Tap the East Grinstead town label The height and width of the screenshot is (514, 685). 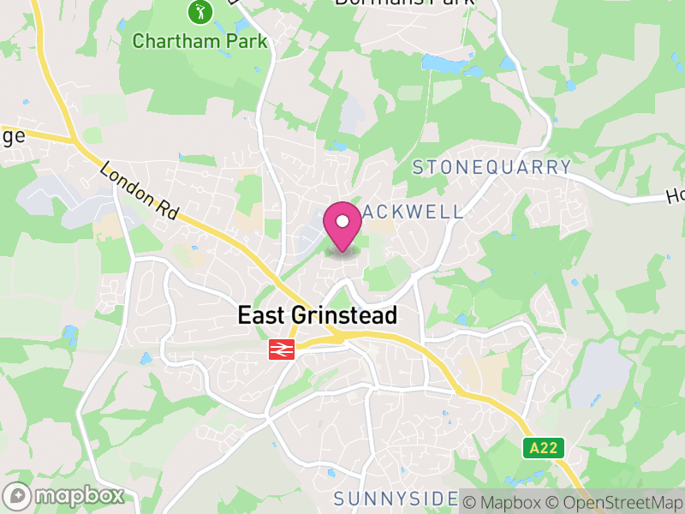(x=317, y=315)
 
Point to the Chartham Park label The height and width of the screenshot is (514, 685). (x=200, y=40)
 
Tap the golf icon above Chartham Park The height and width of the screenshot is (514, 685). (x=199, y=13)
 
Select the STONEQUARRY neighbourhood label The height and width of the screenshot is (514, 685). (x=491, y=167)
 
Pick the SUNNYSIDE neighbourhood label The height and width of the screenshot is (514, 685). (x=396, y=499)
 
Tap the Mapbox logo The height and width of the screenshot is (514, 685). (x=64, y=495)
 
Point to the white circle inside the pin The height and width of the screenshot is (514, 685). (x=342, y=222)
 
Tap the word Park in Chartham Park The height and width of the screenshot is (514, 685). (x=249, y=40)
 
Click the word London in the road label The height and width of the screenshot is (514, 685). (x=124, y=181)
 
